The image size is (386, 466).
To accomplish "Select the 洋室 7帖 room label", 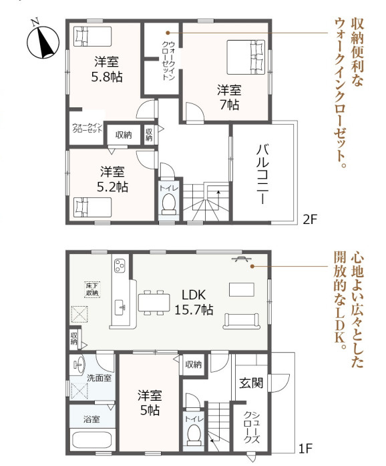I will pyautogui.click(x=228, y=97).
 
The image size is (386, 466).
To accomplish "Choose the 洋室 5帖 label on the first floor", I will pyautogui.click(x=149, y=402).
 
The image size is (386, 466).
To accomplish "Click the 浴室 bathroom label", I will pyautogui.click(x=92, y=419).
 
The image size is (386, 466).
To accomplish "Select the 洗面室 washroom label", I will pyautogui.click(x=99, y=377).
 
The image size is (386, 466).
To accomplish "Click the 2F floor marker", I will pyautogui.click(x=309, y=218).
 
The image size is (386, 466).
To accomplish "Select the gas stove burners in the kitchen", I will pyautogui.click(x=119, y=266).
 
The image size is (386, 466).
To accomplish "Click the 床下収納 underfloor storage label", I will pyautogui.click(x=91, y=289).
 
